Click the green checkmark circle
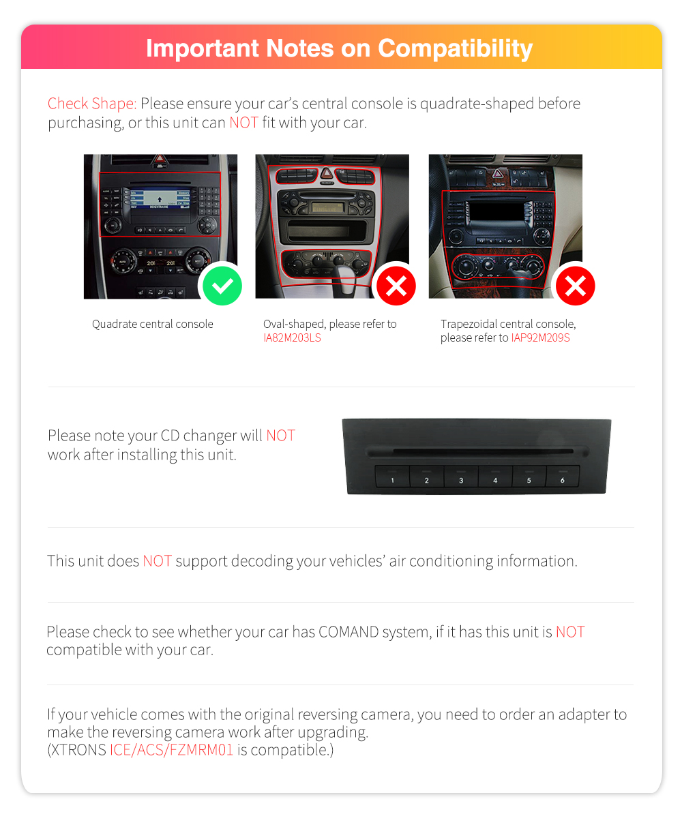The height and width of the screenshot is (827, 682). point(222,286)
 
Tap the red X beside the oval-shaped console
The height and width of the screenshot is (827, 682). point(396,286)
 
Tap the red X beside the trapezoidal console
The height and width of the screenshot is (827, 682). point(575,286)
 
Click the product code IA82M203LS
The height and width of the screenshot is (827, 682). point(292,338)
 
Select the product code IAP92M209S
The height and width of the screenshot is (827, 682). point(540,338)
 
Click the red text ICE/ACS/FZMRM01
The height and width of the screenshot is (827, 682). point(172,750)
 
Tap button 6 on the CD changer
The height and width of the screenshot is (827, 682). point(563,477)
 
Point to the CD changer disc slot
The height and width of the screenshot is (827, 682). point(477,451)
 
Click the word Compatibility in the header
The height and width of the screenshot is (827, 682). point(455,49)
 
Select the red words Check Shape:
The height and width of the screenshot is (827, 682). point(92,104)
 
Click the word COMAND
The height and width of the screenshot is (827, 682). point(349,632)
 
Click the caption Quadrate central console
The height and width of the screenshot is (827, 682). point(153,324)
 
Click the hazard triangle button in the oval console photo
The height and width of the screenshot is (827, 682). point(327,173)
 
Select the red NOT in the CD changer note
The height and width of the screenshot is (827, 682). point(280,435)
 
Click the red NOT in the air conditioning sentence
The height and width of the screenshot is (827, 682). point(157,561)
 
